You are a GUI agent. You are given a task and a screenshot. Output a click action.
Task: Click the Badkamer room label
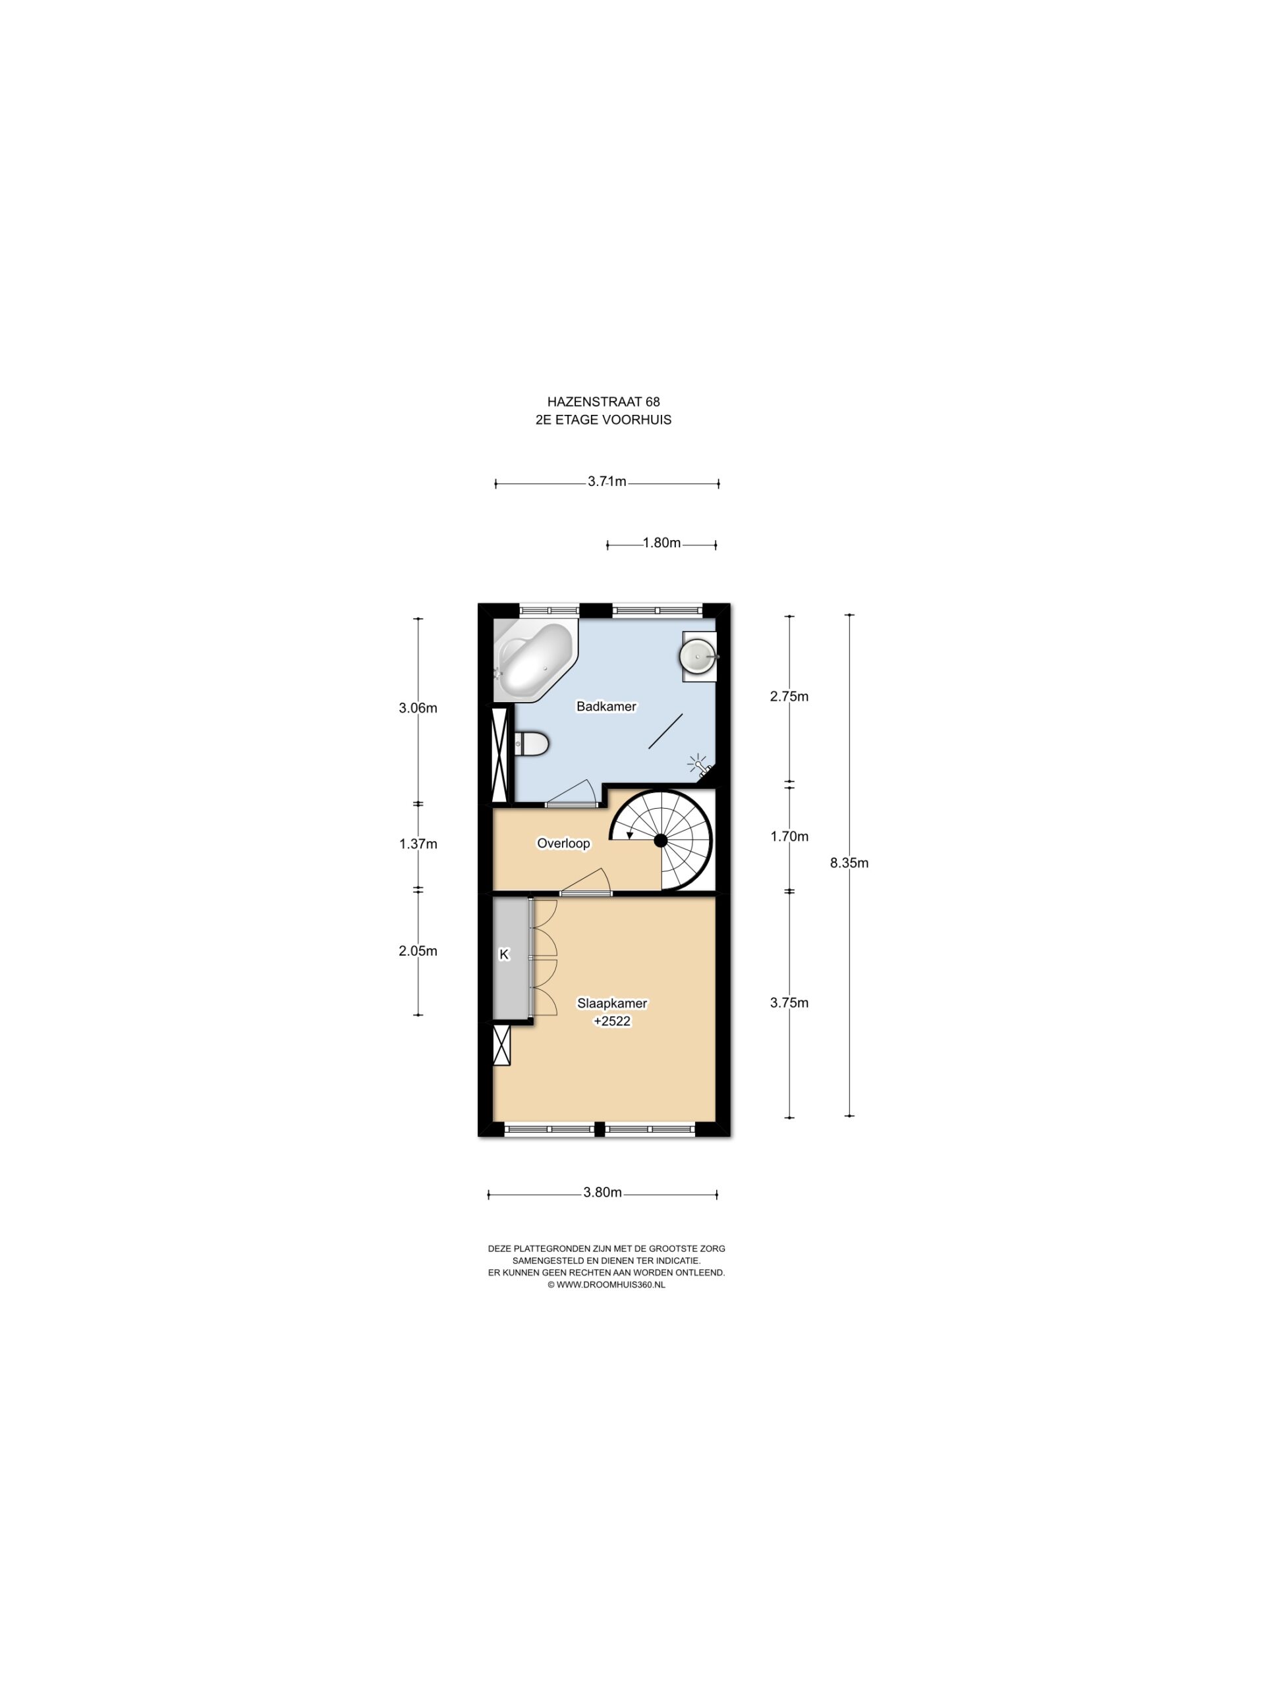[x=606, y=707]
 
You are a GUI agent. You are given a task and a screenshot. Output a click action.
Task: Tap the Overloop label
[x=563, y=843]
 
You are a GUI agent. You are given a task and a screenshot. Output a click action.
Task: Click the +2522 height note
[x=612, y=1021]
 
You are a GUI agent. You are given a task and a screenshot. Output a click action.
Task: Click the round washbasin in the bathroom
[x=698, y=656]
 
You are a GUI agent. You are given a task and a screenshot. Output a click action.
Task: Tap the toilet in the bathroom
[x=532, y=744]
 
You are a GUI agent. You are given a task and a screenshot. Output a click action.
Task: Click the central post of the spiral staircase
[x=660, y=840]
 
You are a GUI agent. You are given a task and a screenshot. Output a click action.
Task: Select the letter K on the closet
[x=503, y=954]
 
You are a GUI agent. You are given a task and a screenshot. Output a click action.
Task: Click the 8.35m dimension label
[x=849, y=863]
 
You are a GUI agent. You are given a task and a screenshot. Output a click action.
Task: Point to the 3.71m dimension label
[x=607, y=481]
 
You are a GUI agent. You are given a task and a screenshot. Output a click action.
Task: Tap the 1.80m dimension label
[x=661, y=543]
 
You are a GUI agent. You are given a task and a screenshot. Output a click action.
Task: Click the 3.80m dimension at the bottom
[x=602, y=1193]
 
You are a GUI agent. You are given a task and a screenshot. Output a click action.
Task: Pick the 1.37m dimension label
[x=418, y=844]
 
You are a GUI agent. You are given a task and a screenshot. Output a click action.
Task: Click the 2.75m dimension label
[x=789, y=696]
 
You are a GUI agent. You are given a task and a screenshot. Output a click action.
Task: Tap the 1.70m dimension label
[x=789, y=836]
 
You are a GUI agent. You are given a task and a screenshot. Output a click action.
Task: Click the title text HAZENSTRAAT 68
[x=603, y=402]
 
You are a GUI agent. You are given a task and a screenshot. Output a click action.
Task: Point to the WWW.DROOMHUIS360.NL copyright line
[x=606, y=1284]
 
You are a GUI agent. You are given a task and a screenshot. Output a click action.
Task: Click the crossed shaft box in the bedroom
[x=502, y=1045]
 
